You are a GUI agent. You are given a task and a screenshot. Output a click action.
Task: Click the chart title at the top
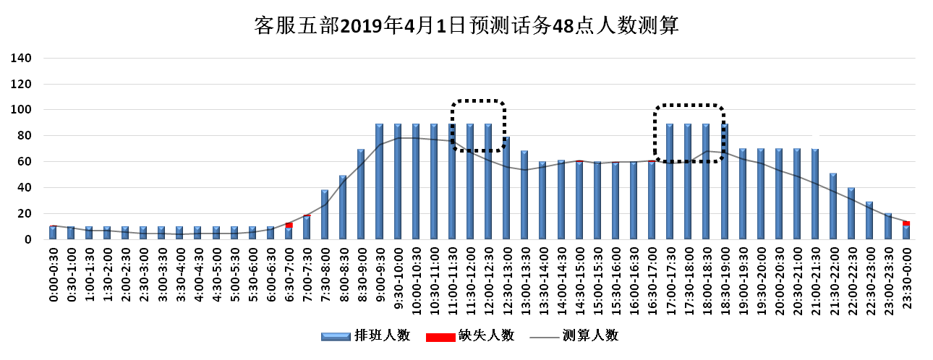(466, 26)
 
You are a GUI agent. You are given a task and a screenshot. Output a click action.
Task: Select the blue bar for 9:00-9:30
(379, 181)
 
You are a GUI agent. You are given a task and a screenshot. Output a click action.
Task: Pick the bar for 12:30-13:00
(506, 188)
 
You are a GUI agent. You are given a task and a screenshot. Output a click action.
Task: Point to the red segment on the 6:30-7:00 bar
(289, 226)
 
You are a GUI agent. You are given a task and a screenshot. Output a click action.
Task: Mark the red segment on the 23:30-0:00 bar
(906, 223)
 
